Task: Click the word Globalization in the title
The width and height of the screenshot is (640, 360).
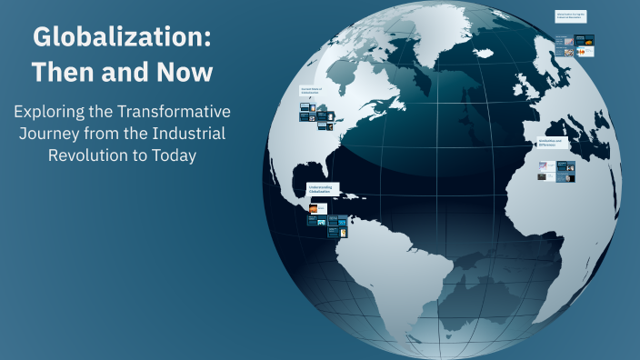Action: (x=122, y=38)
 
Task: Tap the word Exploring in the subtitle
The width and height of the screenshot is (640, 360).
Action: (x=48, y=112)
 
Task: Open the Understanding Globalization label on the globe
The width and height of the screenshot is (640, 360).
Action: (x=323, y=189)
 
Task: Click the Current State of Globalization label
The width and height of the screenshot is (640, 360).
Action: (x=312, y=90)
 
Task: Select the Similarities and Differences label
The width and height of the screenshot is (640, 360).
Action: (x=552, y=144)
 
